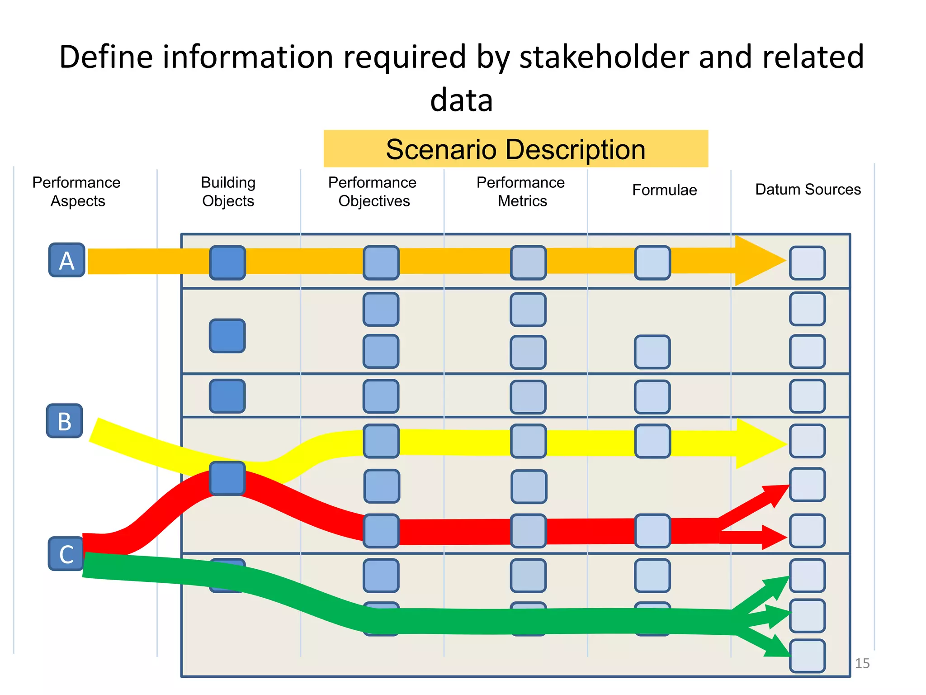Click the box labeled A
click(x=67, y=260)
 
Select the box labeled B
click(x=65, y=421)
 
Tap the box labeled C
click(x=66, y=554)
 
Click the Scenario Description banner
click(x=515, y=149)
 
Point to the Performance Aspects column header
click(x=77, y=191)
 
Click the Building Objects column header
click(x=228, y=191)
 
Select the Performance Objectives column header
click(x=373, y=191)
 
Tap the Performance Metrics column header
click(x=521, y=191)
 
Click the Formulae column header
click(x=664, y=190)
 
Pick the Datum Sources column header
click(x=808, y=189)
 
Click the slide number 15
click(x=862, y=663)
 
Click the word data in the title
click(x=461, y=100)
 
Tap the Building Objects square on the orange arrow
click(x=227, y=263)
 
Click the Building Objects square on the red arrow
click(x=227, y=478)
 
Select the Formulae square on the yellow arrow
click(x=652, y=441)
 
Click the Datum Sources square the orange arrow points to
click(x=807, y=263)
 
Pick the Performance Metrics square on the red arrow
click(x=528, y=531)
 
